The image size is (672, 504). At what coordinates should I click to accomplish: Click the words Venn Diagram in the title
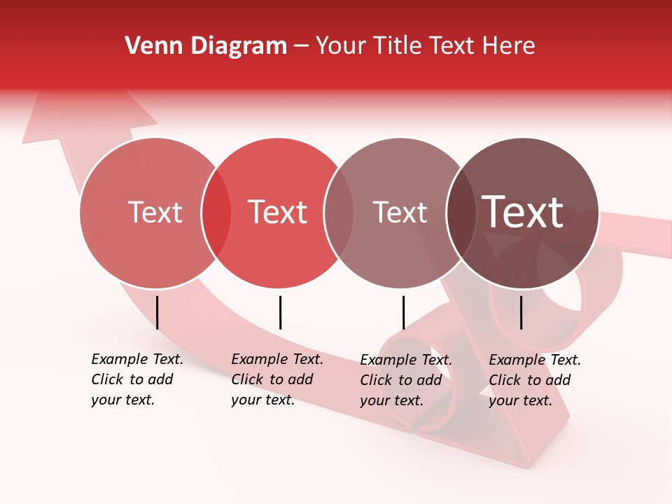206,46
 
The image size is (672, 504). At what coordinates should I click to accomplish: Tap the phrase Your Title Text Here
425,46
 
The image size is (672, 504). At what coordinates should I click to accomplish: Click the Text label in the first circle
155,212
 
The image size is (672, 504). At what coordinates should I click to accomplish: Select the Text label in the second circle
277,212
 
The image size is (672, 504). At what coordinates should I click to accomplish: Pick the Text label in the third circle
400,212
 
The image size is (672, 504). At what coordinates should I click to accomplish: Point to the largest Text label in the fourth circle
523,212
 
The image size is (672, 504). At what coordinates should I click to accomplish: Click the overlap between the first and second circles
216,213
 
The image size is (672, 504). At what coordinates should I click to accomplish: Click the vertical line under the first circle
157,312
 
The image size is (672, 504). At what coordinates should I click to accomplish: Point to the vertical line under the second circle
280,312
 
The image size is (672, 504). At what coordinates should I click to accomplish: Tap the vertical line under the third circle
403,312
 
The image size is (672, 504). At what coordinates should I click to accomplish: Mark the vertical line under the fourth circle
521,312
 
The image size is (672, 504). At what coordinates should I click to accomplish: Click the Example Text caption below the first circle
137,379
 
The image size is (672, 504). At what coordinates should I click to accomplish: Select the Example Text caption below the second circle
277,379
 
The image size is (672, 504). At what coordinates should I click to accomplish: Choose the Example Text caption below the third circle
406,380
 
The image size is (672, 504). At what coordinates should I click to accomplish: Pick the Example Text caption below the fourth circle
535,380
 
